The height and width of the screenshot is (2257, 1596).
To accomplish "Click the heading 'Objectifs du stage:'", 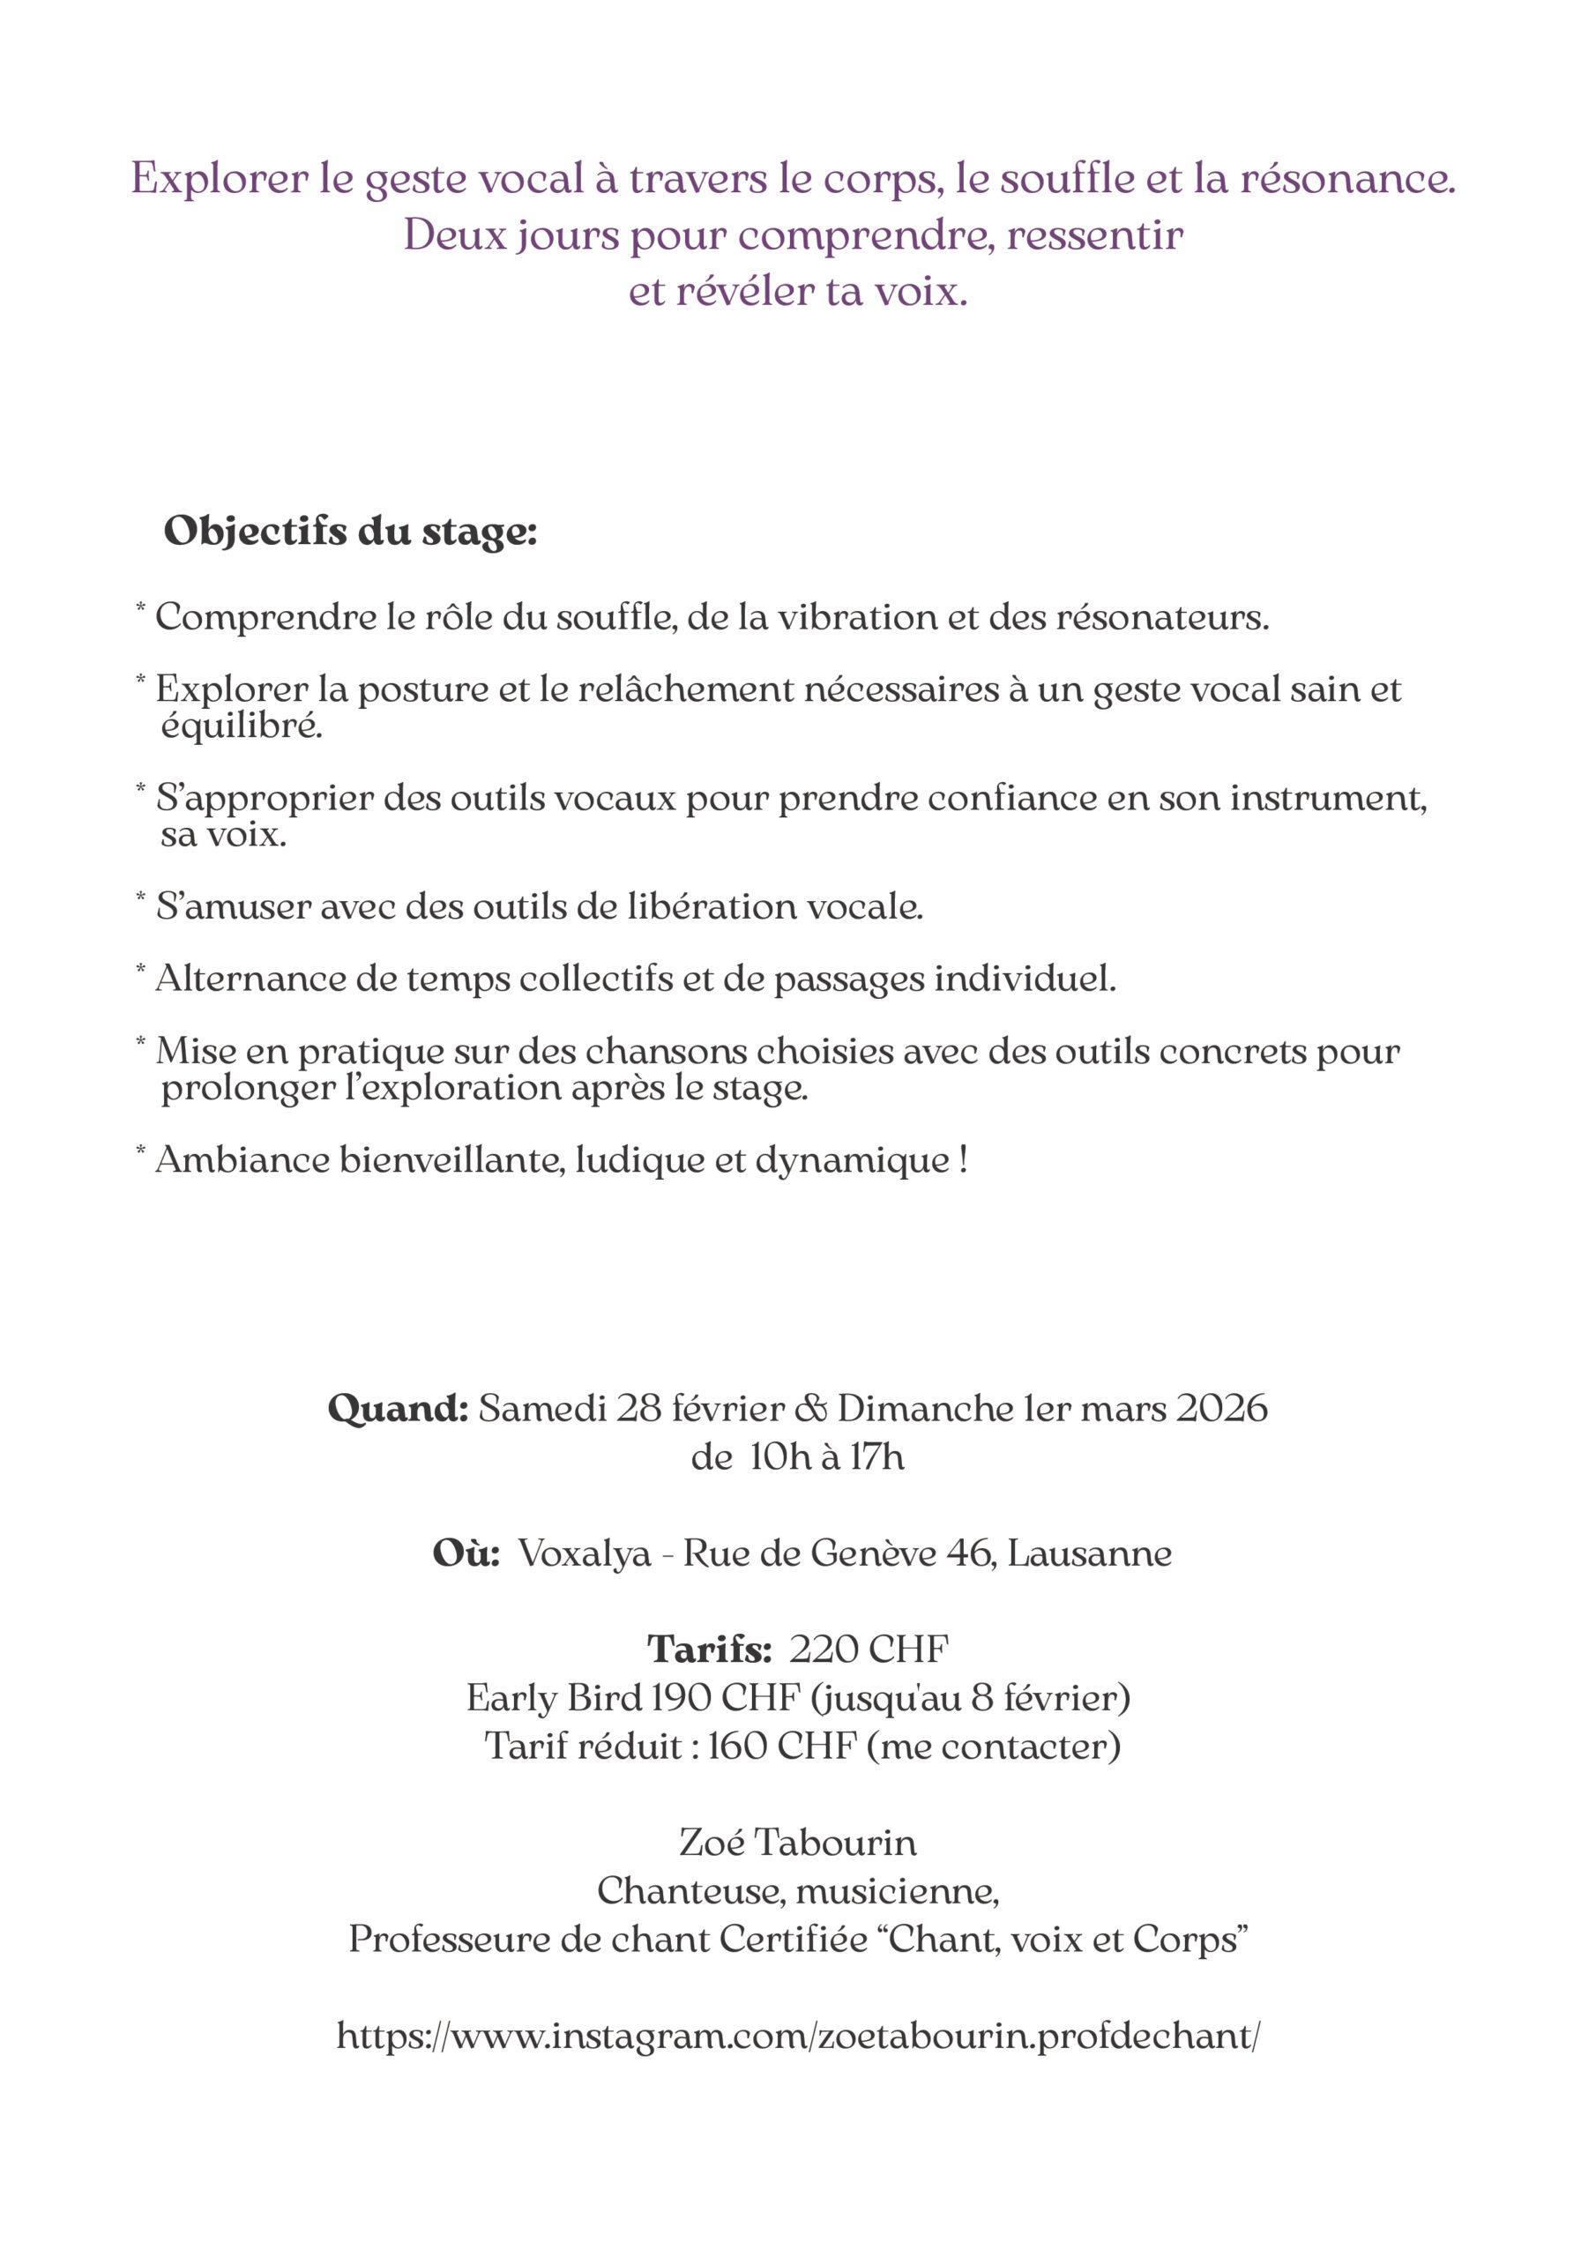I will (350, 532).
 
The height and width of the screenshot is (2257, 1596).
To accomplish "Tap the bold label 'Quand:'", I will (398, 1409).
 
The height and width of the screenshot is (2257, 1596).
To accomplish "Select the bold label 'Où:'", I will (466, 1553).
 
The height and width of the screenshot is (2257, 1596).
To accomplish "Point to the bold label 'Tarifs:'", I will (709, 1649).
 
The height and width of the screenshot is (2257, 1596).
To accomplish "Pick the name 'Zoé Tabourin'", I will (797, 1841).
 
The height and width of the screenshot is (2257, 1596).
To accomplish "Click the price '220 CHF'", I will (869, 1649).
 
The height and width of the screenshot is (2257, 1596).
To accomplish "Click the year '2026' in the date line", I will (1222, 1409).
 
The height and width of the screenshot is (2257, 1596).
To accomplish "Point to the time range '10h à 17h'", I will (826, 1456).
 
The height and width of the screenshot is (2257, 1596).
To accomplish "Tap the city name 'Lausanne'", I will (1090, 1553).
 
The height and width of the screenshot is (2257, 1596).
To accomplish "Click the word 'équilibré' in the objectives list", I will (242, 726).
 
